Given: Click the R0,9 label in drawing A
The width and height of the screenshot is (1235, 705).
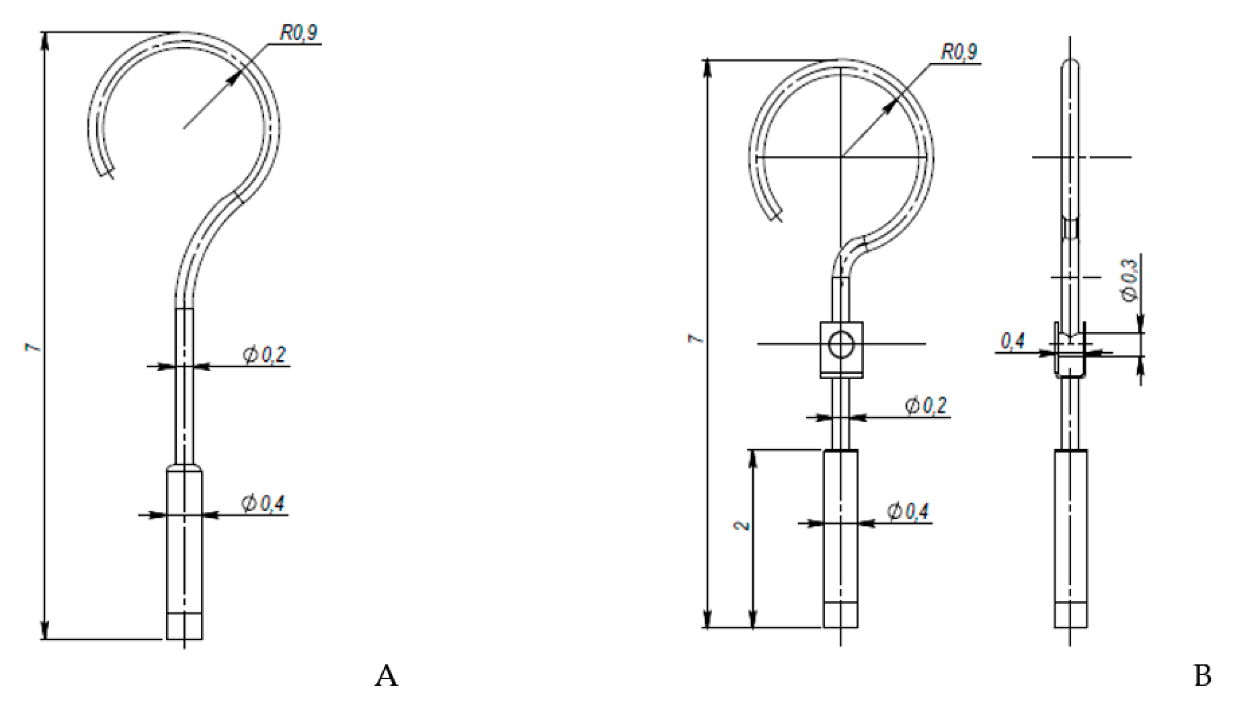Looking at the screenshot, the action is click(x=299, y=33).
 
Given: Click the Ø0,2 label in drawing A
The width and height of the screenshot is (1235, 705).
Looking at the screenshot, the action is click(x=264, y=355).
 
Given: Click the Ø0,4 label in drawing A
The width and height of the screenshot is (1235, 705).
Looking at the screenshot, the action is click(x=263, y=503).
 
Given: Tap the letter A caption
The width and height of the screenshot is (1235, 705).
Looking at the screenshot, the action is click(x=386, y=676).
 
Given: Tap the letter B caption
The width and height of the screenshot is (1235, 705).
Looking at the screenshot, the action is click(x=1203, y=676).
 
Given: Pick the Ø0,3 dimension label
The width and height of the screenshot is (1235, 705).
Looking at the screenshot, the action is click(x=1130, y=281).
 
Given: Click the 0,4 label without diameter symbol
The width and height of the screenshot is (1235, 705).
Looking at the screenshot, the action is click(x=1012, y=341).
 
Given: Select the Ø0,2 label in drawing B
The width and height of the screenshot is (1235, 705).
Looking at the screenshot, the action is click(x=925, y=406).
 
